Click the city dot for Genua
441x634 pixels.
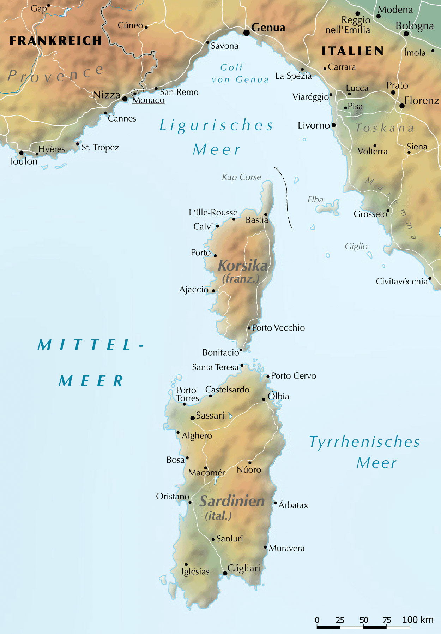pos(247,33)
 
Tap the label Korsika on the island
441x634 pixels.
pos(243,266)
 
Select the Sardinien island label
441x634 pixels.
pos(232,501)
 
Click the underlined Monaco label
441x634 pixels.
pos(148,100)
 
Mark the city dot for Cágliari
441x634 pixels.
pos(225,573)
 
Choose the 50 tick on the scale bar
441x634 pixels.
pos(364,620)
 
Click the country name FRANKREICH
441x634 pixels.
pos(56,41)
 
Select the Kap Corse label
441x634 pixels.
pos(242,177)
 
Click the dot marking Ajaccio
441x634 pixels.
pos(213,291)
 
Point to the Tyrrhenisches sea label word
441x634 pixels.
pos(364,442)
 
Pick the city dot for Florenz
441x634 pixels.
pos(402,106)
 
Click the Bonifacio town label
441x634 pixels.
pos(220,352)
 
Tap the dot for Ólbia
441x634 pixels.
pos(264,399)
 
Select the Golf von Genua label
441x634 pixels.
pos(240,73)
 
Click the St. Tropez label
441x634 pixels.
pos(100,147)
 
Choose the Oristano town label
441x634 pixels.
pos(173,496)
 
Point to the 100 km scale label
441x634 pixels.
pos(418,620)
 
